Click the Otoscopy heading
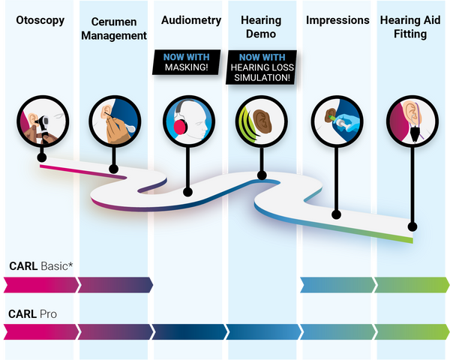(x=40, y=21)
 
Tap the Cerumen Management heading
(x=114, y=28)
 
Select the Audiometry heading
(x=191, y=20)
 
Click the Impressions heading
(x=337, y=20)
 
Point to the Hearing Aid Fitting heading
(x=410, y=27)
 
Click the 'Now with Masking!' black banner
(x=187, y=62)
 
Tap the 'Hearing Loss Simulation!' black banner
(x=262, y=67)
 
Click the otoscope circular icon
(x=43, y=121)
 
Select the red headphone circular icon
(x=189, y=121)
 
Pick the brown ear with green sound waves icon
(x=262, y=121)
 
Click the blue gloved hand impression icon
(x=337, y=121)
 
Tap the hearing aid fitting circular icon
(x=412, y=121)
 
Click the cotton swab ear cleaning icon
(x=115, y=121)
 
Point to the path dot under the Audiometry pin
(x=187, y=192)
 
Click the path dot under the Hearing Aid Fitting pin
(x=412, y=226)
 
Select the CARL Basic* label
(x=41, y=266)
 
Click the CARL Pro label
(x=32, y=313)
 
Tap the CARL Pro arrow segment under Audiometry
(x=190, y=331)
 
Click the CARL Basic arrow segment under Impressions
(x=337, y=285)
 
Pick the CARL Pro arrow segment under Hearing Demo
(x=264, y=331)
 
